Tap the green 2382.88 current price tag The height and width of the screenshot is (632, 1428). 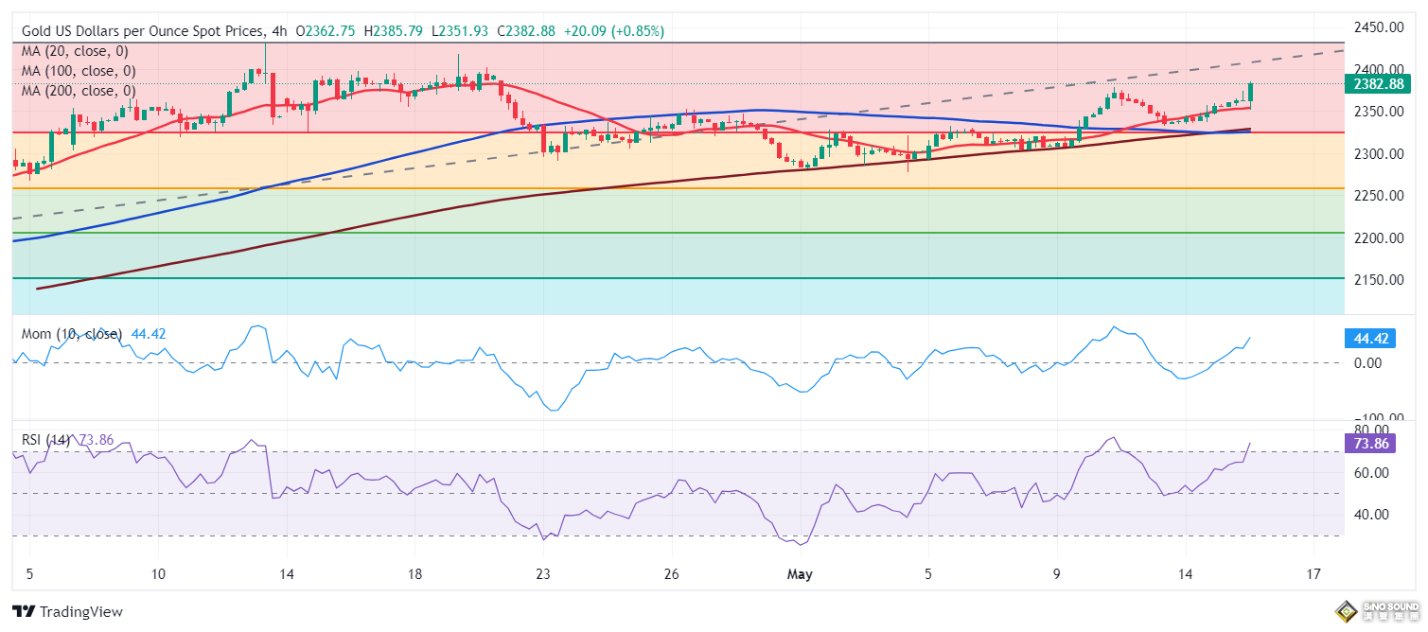[1379, 84]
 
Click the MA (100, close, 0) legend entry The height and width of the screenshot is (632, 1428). [79, 71]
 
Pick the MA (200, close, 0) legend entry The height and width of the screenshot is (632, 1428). [79, 91]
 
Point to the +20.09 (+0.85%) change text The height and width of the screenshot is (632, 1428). [614, 31]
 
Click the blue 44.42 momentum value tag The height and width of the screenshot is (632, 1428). [1369, 338]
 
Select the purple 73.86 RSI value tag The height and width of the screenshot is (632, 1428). [1369, 442]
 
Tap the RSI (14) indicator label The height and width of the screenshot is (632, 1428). [46, 440]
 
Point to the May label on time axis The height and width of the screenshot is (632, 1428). [800, 574]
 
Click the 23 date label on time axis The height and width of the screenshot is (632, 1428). [542, 574]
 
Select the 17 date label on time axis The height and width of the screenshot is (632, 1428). [1313, 574]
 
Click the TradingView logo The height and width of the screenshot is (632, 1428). [67, 612]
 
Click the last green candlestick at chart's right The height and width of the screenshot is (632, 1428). [1250, 92]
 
